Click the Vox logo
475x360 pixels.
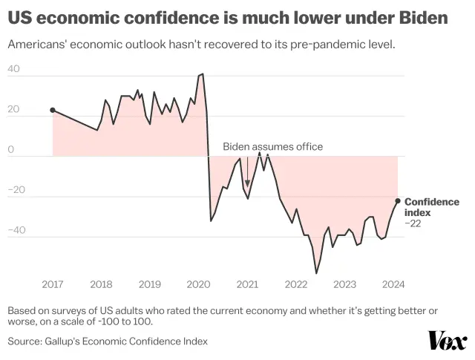click(448, 341)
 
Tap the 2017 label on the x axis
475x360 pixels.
click(53, 284)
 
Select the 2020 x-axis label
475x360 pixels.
click(198, 284)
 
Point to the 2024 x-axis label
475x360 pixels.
click(393, 284)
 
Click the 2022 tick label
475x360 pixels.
click(295, 284)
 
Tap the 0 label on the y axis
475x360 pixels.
click(11, 150)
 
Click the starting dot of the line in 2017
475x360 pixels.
click(53, 110)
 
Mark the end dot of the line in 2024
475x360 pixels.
click(398, 200)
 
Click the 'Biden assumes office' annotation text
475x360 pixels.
click(273, 147)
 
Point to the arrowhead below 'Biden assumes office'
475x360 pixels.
click(248, 184)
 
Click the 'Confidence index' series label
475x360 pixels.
click(431, 207)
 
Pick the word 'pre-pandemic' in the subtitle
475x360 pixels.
click(327, 45)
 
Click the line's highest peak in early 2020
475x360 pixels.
click(202, 74)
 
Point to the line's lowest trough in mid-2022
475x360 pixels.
click(316, 273)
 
